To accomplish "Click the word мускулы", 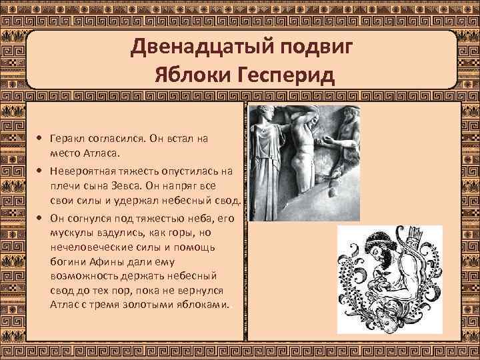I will coord(68,233).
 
